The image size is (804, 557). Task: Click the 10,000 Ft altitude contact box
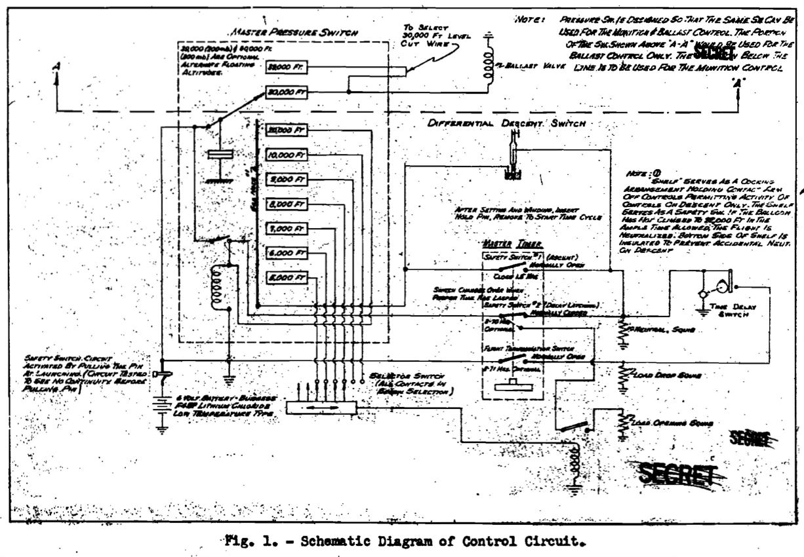click(x=287, y=155)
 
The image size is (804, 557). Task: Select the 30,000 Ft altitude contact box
click(x=287, y=93)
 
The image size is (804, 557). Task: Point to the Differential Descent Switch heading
click(x=505, y=123)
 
